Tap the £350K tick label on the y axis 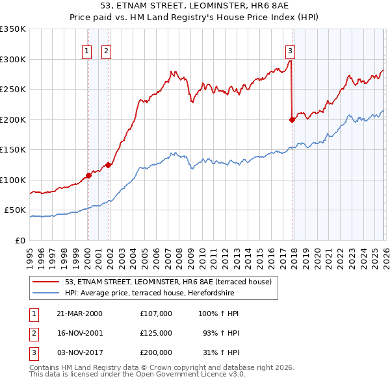(13, 29)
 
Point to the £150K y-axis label (13, 150)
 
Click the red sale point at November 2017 (292, 119)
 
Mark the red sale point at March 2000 (88, 175)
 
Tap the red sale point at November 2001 (108, 165)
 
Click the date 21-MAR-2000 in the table (79, 314)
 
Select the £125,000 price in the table (155, 332)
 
